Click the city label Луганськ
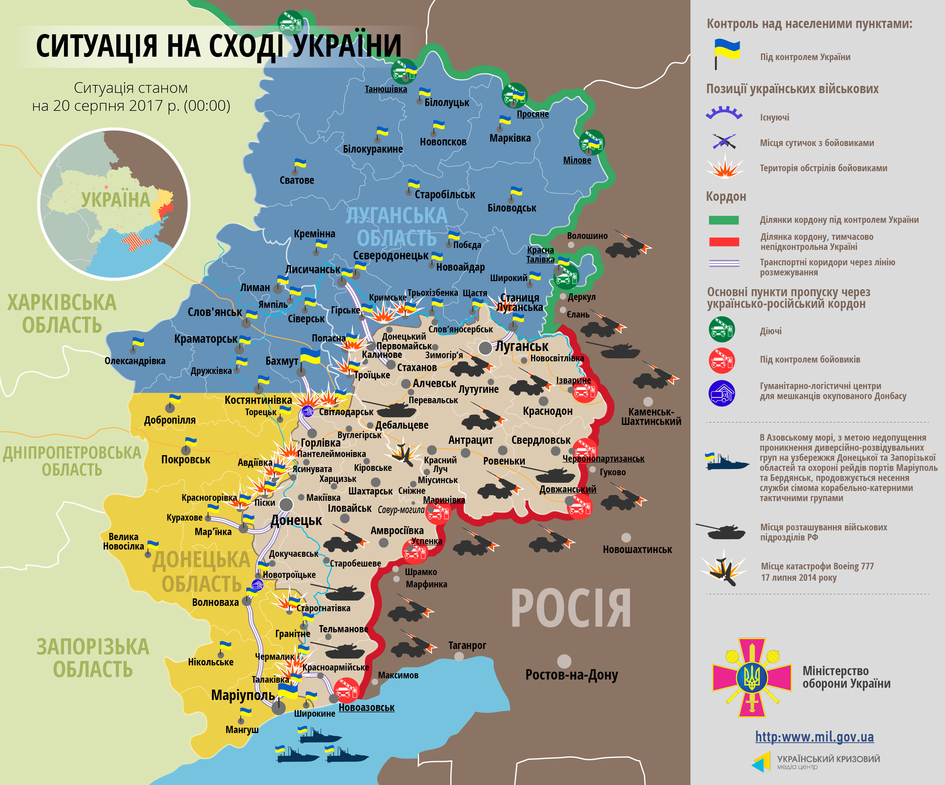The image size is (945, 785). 522,346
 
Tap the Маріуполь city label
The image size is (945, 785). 243,695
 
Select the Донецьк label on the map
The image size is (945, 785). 296,520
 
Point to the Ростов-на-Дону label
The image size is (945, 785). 571,675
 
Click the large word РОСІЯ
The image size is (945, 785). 570,609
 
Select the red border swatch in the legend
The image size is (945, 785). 724,241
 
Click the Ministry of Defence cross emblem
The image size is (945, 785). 752,677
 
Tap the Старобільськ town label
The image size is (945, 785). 444,195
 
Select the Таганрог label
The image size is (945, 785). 467,645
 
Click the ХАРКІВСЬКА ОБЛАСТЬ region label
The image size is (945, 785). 62,313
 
